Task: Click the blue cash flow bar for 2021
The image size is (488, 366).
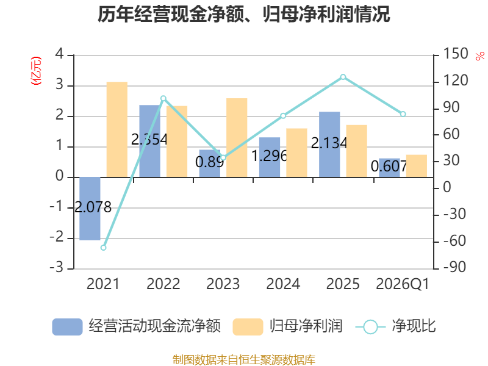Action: pyautogui.click(x=90, y=209)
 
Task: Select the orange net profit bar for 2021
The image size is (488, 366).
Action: pyautogui.click(x=117, y=129)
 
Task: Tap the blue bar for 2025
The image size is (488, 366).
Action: pyautogui.click(x=329, y=145)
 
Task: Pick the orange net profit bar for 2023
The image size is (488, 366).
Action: pyautogui.click(x=237, y=138)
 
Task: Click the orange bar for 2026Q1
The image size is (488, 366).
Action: pyautogui.click(x=417, y=166)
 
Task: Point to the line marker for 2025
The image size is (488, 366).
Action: pyautogui.click(x=343, y=77)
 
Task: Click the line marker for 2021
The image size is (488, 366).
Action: pyautogui.click(x=103, y=248)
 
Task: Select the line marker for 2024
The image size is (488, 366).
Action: pyautogui.click(x=283, y=116)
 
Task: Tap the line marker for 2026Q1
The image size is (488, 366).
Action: pyautogui.click(x=403, y=114)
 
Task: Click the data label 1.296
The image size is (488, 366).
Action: pyautogui.click(x=269, y=156)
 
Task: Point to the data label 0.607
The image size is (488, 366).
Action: pyautogui.click(x=389, y=166)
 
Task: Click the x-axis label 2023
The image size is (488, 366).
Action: pyautogui.click(x=223, y=284)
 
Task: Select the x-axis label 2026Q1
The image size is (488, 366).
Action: pyautogui.click(x=403, y=284)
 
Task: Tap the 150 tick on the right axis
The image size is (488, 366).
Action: pyautogui.click(x=455, y=54)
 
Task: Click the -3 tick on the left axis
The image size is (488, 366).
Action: pyautogui.click(x=56, y=267)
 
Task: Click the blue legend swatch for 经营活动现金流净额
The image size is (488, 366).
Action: pyautogui.click(x=67, y=327)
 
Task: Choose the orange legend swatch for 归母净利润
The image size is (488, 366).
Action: pyautogui.click(x=248, y=327)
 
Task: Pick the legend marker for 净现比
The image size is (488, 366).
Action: pyautogui.click(x=370, y=327)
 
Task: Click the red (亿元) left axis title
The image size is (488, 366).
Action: pyautogui.click(x=36, y=71)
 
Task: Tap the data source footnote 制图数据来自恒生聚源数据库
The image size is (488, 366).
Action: pyautogui.click(x=244, y=360)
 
